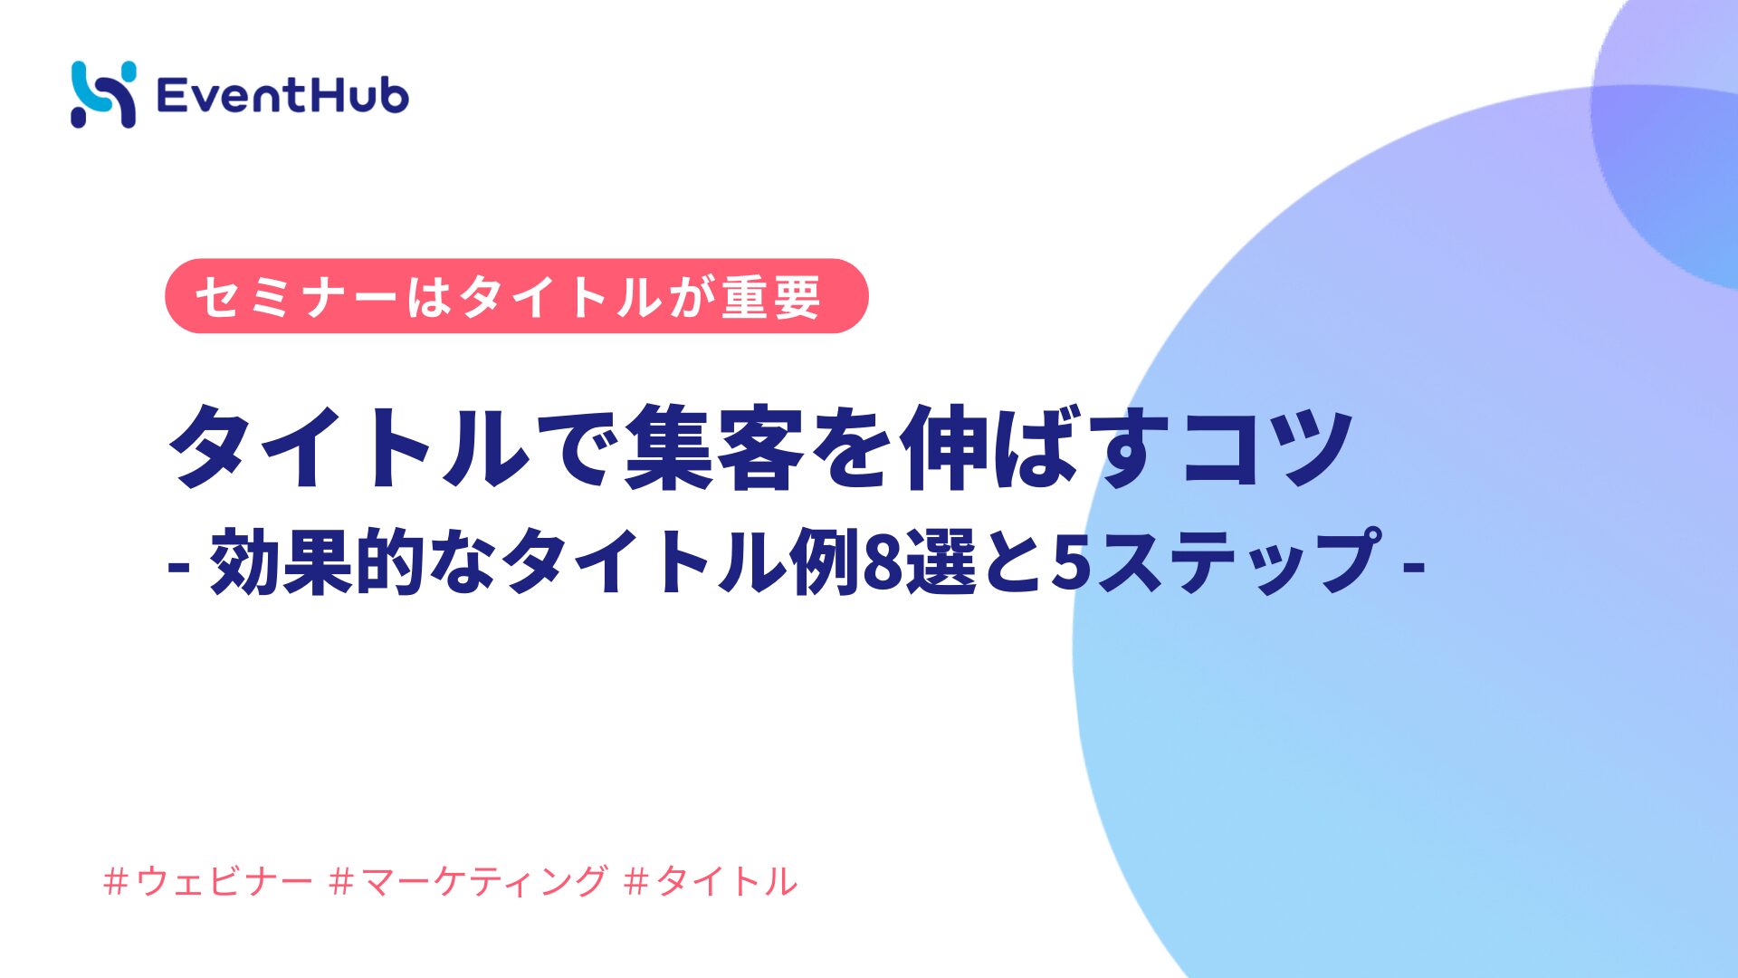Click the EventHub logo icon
[x=104, y=94]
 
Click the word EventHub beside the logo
[x=282, y=95]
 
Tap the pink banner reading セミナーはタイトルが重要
[x=517, y=296]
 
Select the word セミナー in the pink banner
[x=297, y=297]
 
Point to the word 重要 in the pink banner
[x=771, y=297]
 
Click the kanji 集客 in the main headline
[x=714, y=447]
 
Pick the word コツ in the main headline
[x=1267, y=447]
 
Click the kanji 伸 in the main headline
[x=943, y=447]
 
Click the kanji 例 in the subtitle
[x=826, y=562]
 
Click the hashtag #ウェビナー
[x=208, y=881]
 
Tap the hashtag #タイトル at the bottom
[x=711, y=881]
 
